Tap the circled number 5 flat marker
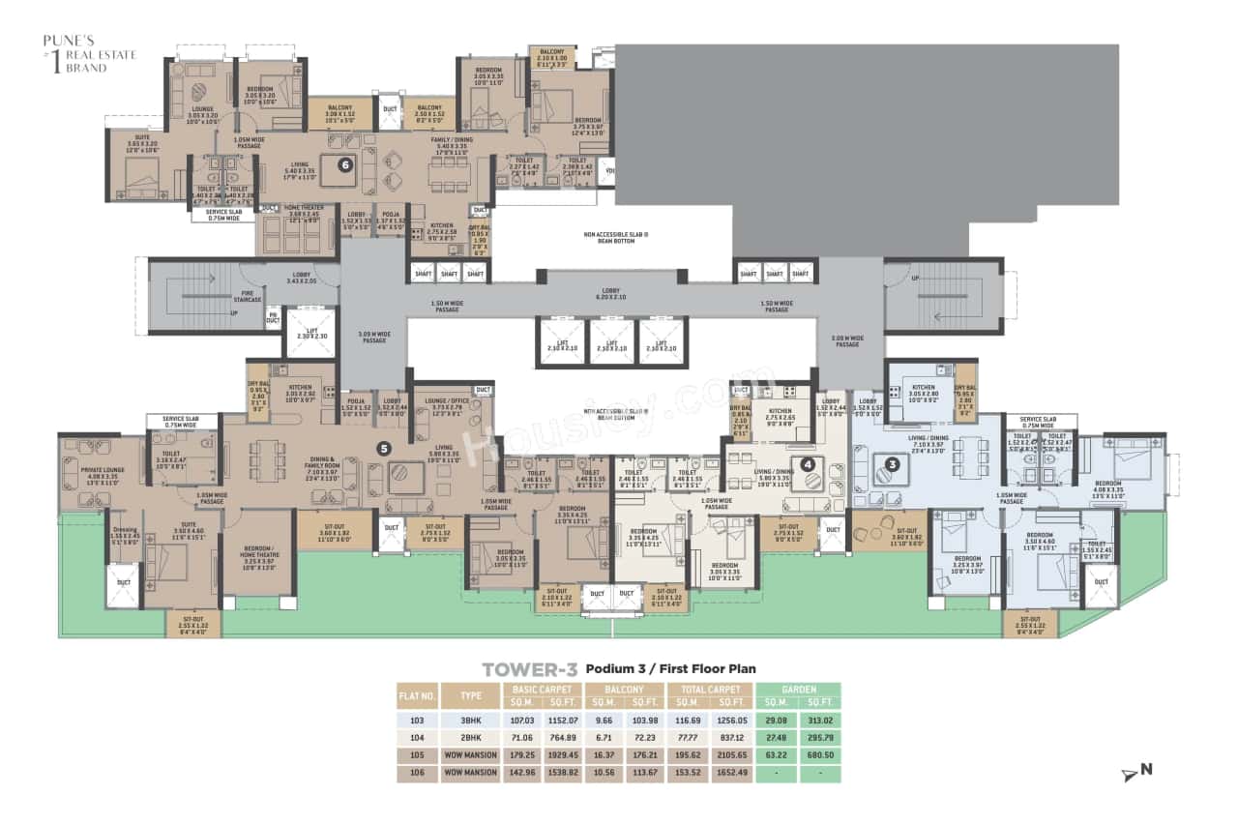tap(384, 448)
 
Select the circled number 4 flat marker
tap(808, 463)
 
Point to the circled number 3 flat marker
tap(893, 463)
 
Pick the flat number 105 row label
tap(417, 755)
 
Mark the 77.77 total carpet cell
tap(689, 738)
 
